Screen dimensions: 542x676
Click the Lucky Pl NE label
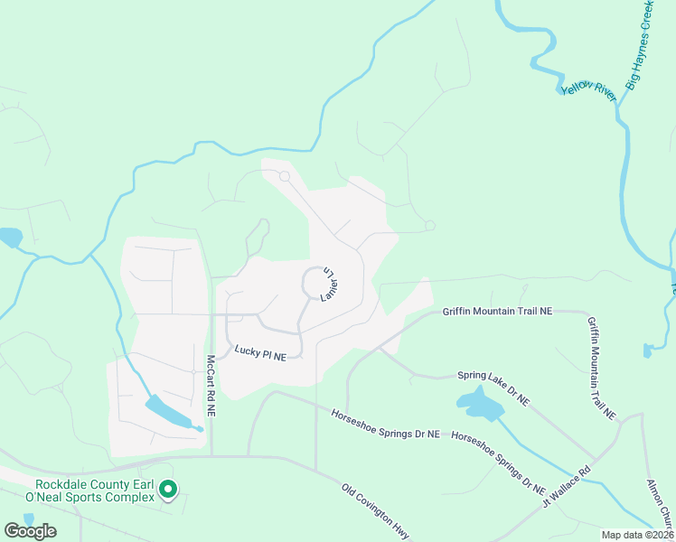(x=259, y=353)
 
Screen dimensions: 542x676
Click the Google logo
(x=30, y=531)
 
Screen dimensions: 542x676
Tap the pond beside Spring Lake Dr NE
(x=479, y=403)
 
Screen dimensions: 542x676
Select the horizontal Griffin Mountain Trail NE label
(x=496, y=311)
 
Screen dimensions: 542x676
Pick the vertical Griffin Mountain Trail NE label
(x=601, y=368)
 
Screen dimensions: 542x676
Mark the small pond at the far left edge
(x=10, y=238)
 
